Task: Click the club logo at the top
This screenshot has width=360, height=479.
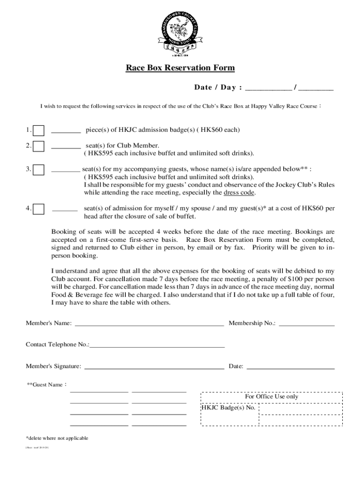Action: click(x=180, y=30)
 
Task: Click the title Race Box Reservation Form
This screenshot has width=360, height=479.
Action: click(x=180, y=68)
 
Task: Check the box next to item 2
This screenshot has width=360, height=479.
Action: click(x=39, y=146)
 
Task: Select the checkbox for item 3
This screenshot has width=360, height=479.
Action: click(x=39, y=169)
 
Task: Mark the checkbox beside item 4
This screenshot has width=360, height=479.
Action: click(x=39, y=208)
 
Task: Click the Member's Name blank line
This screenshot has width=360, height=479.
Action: click(x=149, y=323)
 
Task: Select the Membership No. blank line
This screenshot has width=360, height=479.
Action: click(x=307, y=323)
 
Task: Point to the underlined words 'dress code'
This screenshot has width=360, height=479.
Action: click(x=240, y=193)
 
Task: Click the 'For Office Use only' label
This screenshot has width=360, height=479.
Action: click(x=272, y=397)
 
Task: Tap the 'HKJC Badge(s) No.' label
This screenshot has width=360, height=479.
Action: click(x=229, y=407)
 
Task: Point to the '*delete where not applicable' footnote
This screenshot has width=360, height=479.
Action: click(x=57, y=438)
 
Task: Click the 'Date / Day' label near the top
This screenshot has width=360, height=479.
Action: click(x=218, y=88)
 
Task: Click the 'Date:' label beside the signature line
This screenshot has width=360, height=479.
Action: click(x=236, y=366)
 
